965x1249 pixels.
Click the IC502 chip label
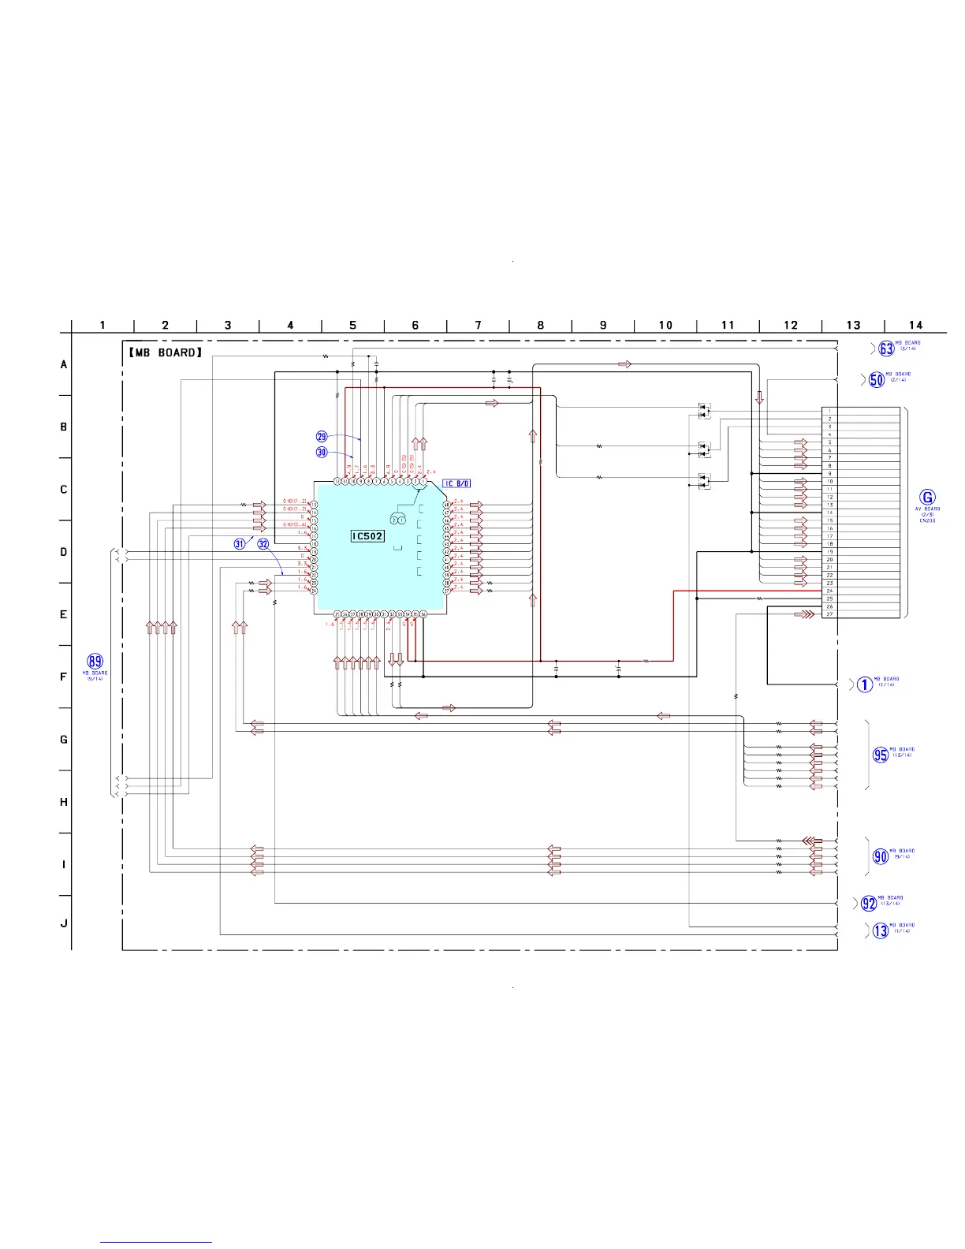367,536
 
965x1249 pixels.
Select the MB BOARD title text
166,352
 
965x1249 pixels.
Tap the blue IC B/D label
456,483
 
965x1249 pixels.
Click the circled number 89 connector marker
95,662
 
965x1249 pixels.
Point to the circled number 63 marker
887,349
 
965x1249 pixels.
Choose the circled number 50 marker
877,379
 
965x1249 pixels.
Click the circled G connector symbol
928,498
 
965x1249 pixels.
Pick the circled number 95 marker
881,755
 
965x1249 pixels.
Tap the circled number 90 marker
881,856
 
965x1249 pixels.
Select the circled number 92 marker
869,904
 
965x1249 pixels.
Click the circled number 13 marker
881,930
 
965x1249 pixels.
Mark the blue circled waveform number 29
322,437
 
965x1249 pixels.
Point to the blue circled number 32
263,544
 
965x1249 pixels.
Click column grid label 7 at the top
478,325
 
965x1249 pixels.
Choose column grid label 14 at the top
915,325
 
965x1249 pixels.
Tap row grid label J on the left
64,923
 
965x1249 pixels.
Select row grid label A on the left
64,365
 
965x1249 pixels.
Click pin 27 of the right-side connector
829,614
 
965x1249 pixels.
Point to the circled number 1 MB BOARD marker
865,684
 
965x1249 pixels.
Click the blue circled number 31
240,544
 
